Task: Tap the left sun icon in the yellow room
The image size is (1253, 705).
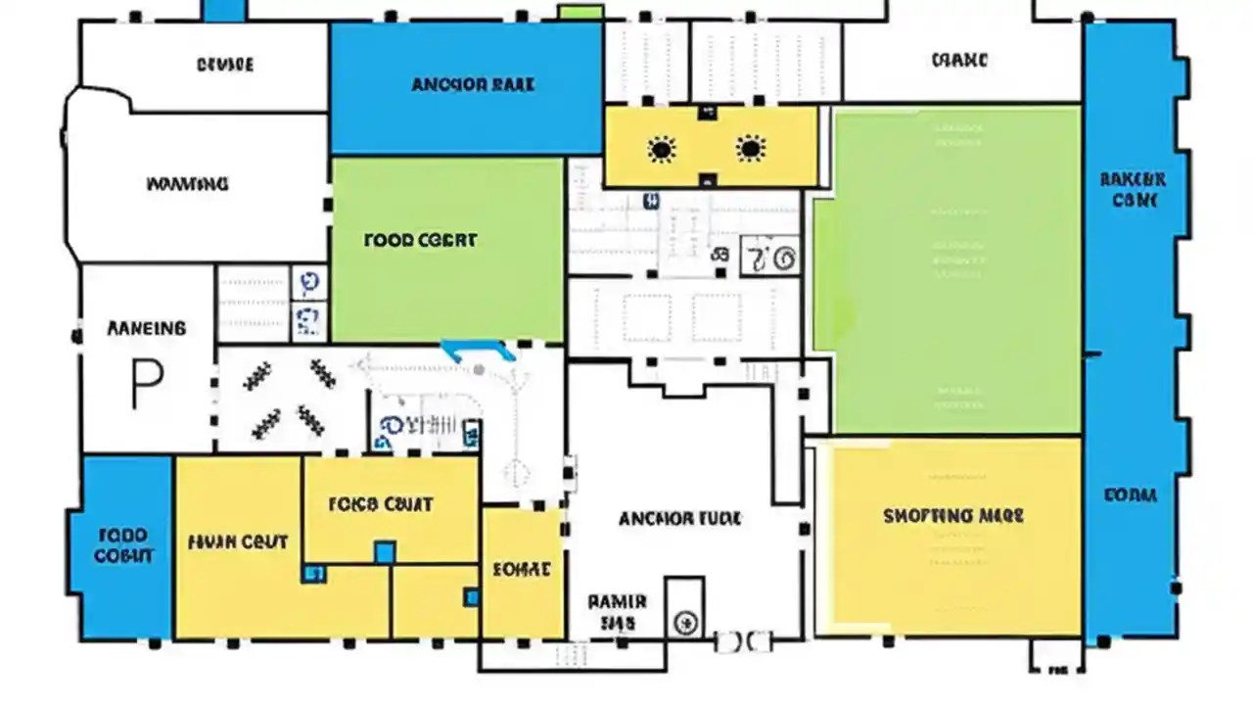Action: (x=662, y=150)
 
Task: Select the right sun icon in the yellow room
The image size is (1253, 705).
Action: (x=750, y=149)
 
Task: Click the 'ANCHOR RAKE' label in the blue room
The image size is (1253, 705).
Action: (x=473, y=84)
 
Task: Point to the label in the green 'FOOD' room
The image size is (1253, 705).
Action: (x=420, y=239)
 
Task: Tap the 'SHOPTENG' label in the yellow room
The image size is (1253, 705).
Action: (x=952, y=515)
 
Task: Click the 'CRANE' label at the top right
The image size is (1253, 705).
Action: (x=959, y=61)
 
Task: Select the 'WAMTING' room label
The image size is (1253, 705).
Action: (x=187, y=183)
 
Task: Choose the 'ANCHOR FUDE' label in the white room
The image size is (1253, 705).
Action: (x=679, y=518)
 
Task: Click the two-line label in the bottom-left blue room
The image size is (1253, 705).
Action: (x=124, y=545)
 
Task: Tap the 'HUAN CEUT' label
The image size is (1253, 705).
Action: (x=237, y=541)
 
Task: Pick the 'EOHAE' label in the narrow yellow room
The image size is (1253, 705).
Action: (x=521, y=569)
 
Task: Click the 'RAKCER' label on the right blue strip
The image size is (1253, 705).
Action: (x=1133, y=190)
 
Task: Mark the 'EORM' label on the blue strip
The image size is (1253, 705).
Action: (x=1131, y=495)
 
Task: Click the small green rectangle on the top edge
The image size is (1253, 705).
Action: (x=580, y=12)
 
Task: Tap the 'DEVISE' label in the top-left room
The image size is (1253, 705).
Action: (x=225, y=65)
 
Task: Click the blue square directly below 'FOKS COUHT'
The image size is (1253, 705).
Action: (x=385, y=552)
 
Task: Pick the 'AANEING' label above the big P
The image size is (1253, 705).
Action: (x=146, y=329)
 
